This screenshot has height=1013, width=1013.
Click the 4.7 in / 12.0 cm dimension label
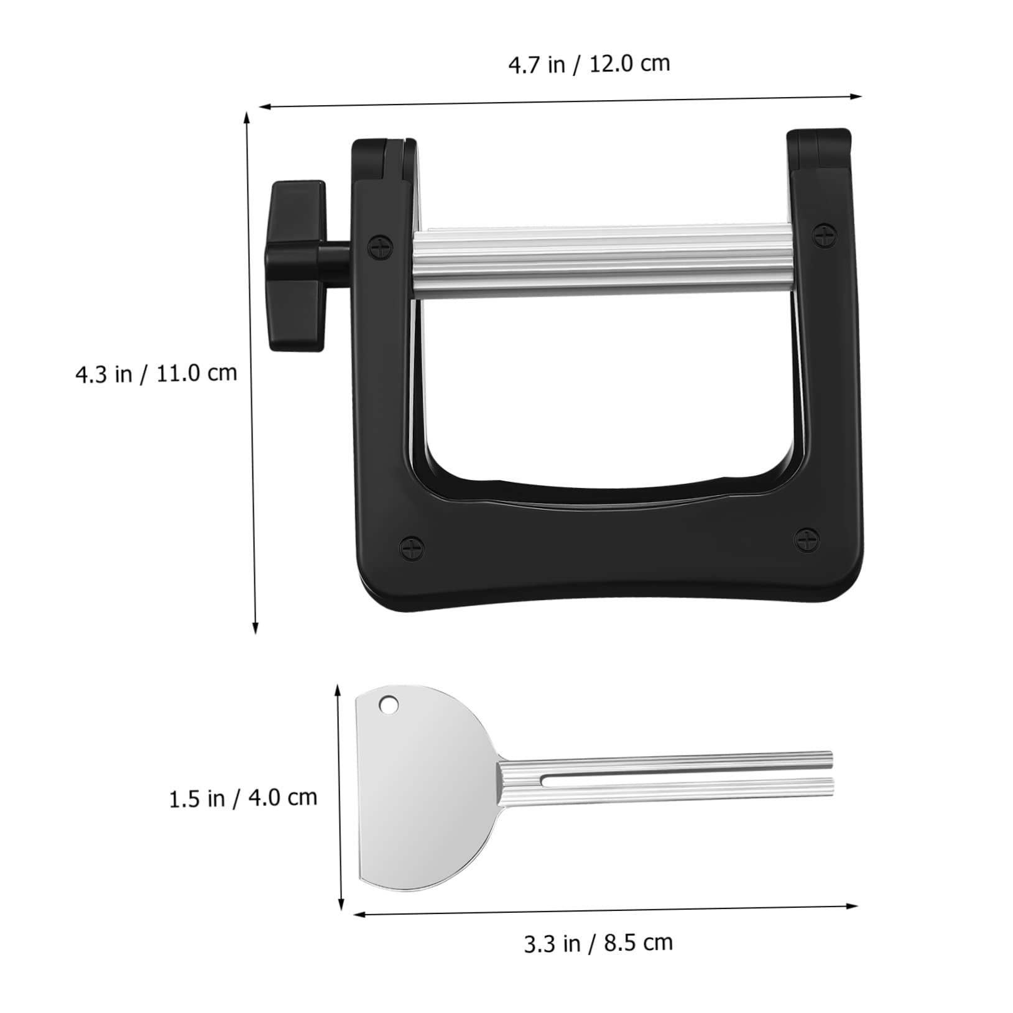589,64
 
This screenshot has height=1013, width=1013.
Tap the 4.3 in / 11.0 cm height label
156,374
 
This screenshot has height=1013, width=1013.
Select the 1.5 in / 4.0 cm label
243,798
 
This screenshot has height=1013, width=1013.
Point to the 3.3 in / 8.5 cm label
598,943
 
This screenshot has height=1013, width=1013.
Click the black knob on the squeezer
297,266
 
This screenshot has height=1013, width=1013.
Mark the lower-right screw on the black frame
807,539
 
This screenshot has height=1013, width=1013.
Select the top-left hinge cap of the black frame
384,159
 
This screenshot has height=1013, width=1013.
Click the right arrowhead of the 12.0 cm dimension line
858,96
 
